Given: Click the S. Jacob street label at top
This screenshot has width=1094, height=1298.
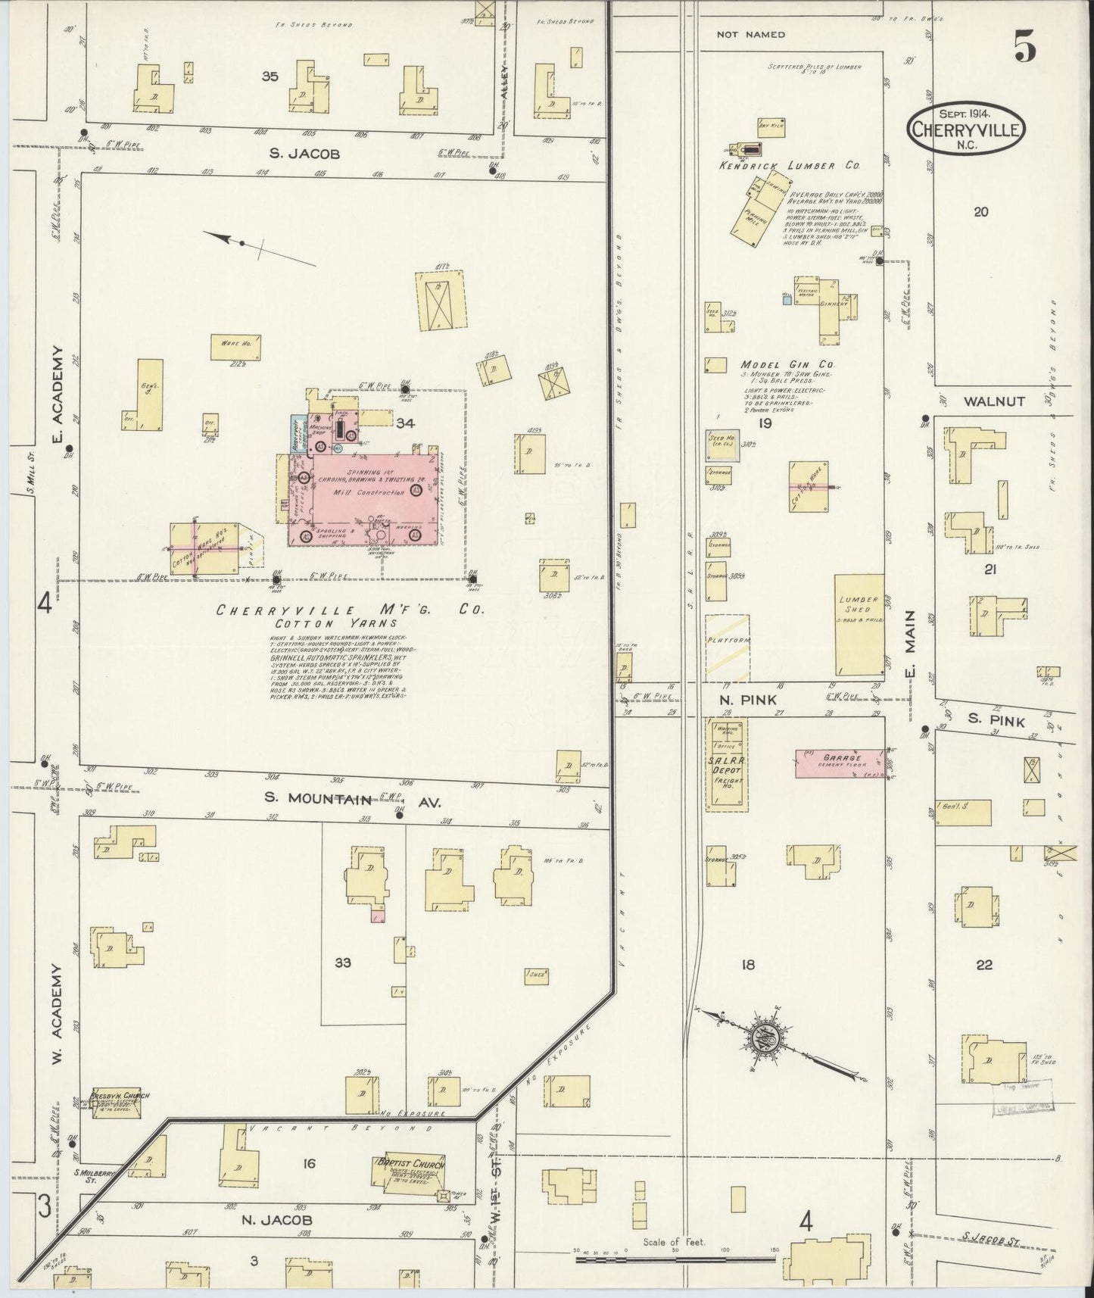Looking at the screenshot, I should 304,154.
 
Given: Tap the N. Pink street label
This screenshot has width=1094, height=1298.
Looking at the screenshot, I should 748,700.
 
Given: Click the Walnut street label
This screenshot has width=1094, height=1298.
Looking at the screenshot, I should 983,401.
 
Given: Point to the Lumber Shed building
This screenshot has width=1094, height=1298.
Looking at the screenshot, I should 859,624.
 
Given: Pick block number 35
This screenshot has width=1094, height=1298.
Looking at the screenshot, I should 269,76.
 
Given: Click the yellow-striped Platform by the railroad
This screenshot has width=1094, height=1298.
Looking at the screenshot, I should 728,641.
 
